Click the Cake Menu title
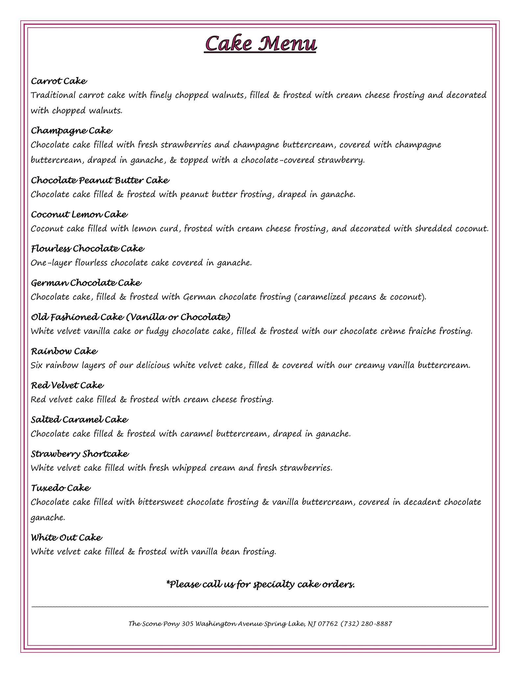260,44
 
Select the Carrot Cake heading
59,81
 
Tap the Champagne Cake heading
71,131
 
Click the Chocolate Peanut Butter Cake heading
100,180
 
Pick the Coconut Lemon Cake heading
79,215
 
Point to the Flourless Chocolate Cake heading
87,249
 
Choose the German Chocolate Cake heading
86,283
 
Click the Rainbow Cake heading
64,351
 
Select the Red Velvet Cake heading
67,385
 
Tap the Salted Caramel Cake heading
79,420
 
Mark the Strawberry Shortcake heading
80,454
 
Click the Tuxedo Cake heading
60,488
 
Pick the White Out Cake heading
66,538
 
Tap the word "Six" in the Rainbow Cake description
37,365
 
